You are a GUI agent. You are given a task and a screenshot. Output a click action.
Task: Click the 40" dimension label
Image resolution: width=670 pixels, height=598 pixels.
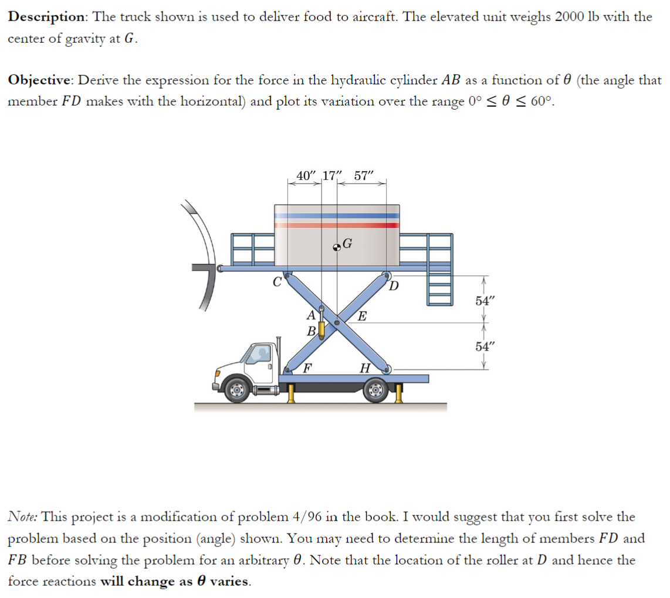tap(306, 175)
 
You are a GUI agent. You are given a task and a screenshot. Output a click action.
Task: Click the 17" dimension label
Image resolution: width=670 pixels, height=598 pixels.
tap(333, 175)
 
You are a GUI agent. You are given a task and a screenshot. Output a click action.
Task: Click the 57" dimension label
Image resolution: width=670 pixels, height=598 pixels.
tap(368, 175)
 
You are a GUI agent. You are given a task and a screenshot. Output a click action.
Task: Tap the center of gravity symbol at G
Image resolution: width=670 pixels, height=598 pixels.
tap(337, 247)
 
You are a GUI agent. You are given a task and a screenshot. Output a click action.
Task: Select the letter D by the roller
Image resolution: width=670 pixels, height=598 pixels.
tap(394, 286)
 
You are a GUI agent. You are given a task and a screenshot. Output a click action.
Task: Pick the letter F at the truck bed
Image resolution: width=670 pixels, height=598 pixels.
tap(306, 369)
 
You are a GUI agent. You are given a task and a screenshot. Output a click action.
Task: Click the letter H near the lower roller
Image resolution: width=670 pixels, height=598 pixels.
tap(364, 369)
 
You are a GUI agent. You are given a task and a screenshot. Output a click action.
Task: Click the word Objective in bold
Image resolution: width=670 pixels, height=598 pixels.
tap(40, 80)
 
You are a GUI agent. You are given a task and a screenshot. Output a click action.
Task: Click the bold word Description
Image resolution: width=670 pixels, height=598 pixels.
tap(46, 16)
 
